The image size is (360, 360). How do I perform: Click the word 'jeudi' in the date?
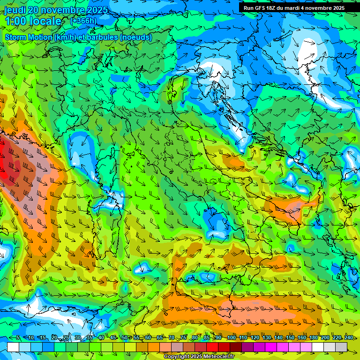(x=15, y=10)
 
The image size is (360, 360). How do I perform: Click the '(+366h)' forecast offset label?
(x=83, y=21)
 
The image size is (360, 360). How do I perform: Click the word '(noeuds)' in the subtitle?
(x=136, y=37)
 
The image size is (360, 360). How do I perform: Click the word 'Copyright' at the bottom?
(x=177, y=357)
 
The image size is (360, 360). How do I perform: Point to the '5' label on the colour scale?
(x=18, y=338)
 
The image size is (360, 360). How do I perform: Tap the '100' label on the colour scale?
(x=231, y=338)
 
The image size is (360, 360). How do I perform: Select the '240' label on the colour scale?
(x=349, y=338)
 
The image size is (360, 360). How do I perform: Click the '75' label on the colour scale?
(x=183, y=338)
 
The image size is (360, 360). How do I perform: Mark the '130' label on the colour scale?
(x=266, y=338)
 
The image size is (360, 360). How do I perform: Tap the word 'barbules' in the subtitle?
(x=103, y=37)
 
